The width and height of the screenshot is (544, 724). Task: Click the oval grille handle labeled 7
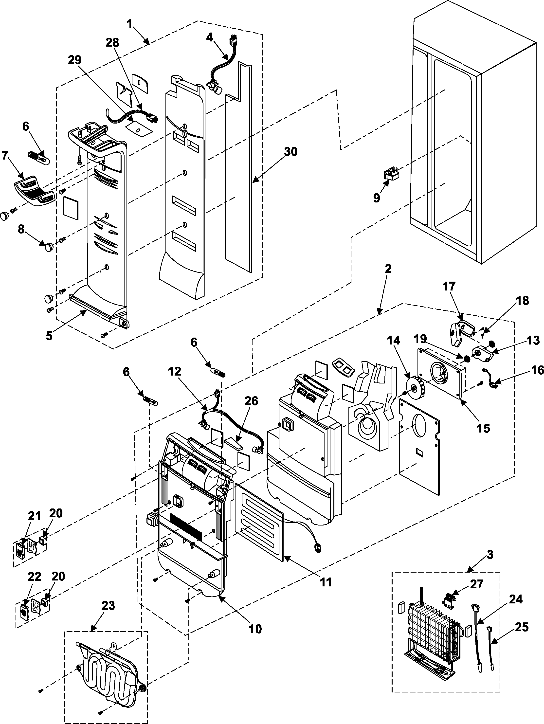34,190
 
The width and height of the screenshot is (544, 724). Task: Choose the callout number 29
75,60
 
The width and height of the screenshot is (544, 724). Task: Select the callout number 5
49,336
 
